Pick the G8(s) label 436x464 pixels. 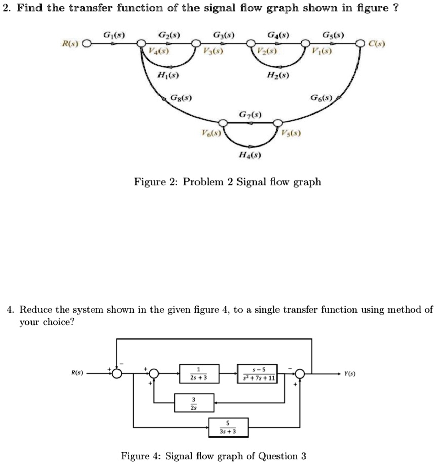(181, 97)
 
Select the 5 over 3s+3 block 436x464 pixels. (228, 427)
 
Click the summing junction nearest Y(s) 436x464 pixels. (300, 374)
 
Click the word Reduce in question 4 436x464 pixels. (34, 309)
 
